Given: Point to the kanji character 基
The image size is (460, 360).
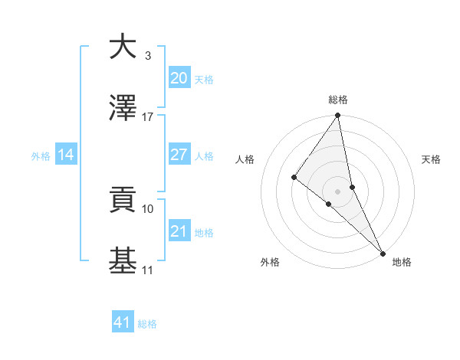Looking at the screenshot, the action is (123, 261).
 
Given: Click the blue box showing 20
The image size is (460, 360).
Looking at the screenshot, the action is (179, 78).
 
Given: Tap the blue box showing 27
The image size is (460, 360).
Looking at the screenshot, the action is (179, 155).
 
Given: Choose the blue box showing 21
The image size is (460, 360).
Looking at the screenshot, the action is (179, 231).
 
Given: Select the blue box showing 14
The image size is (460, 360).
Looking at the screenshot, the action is (66, 155).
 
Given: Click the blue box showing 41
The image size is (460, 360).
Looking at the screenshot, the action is (123, 322).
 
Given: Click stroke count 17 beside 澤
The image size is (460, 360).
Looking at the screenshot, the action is (148, 117).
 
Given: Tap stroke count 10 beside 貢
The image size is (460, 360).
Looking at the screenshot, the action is (148, 208).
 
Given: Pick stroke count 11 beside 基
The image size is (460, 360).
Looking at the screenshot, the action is (148, 270).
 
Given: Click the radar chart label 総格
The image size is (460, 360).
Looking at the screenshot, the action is (338, 100).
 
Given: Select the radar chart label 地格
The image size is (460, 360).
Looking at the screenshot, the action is (402, 262).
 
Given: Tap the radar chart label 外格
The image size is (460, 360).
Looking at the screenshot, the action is (270, 262).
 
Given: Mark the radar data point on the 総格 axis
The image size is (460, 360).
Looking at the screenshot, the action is (338, 116).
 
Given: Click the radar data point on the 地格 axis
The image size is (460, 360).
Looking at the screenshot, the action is (383, 252).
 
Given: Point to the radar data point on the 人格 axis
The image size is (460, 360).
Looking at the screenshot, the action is (294, 178).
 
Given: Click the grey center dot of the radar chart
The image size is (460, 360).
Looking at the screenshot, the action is (338, 191).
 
